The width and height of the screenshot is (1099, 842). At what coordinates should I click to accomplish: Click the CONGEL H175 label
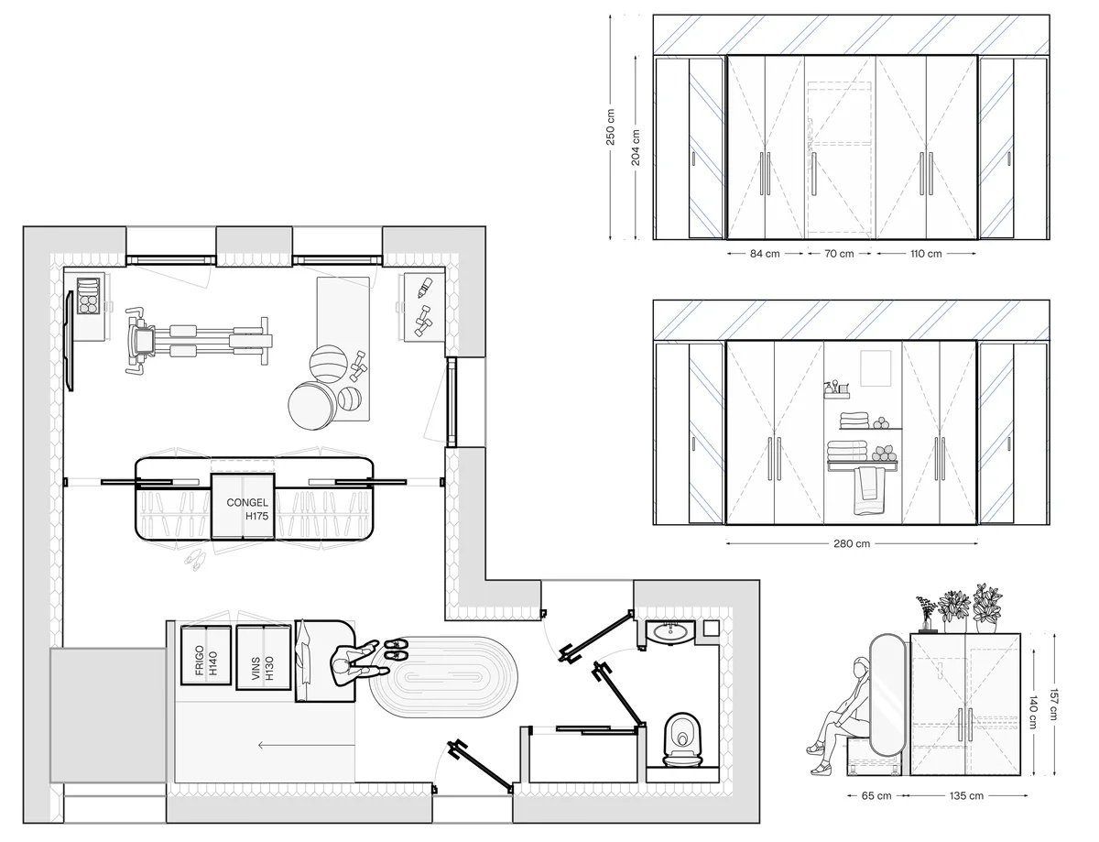pyautogui.click(x=247, y=508)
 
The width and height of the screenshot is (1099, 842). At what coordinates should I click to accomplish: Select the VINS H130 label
pyautogui.click(x=262, y=668)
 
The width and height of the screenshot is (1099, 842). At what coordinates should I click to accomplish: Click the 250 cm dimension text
pyautogui.click(x=611, y=127)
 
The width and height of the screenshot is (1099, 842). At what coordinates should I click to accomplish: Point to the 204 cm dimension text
pyautogui.click(x=636, y=148)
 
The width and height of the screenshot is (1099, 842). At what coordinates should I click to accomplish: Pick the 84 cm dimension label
pyautogui.click(x=765, y=254)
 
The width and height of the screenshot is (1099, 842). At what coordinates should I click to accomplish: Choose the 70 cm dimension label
pyautogui.click(x=839, y=254)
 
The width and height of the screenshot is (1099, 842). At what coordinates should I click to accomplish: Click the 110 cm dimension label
pyautogui.click(x=926, y=254)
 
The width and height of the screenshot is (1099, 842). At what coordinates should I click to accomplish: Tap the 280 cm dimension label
pyautogui.click(x=852, y=543)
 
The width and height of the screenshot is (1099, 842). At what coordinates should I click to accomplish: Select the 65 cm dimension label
pyautogui.click(x=876, y=796)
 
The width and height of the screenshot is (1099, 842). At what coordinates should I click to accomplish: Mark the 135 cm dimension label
pyautogui.click(x=966, y=796)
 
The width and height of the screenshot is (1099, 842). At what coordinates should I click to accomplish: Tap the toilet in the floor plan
pyautogui.click(x=683, y=739)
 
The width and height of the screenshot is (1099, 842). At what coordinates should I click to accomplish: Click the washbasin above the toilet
pyautogui.click(x=670, y=632)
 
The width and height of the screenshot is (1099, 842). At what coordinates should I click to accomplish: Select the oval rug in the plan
pyautogui.click(x=443, y=677)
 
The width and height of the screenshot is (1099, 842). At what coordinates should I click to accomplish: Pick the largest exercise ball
pyautogui.click(x=312, y=406)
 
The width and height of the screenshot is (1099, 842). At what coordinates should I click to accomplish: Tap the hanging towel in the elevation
pyautogui.click(x=868, y=491)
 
